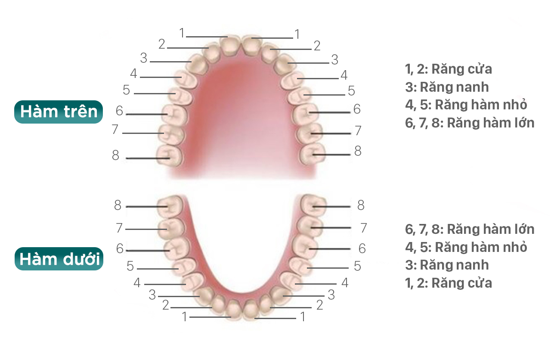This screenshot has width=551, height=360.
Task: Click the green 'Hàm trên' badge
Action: pos(59,112)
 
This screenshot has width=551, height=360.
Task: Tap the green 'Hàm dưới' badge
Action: pos(59,259)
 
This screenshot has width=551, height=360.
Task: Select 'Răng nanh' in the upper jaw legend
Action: pos(454,87)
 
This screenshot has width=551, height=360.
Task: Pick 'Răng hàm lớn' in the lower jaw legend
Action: pos(490,230)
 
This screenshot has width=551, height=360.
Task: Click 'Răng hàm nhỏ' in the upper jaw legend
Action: pos(481,105)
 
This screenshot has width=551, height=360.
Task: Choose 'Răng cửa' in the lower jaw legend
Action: pos(462,283)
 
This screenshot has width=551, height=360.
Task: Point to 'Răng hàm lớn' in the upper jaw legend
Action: pos(490,123)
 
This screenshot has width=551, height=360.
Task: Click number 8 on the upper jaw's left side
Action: pos(116,155)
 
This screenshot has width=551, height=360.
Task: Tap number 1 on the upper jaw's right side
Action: pos(297,34)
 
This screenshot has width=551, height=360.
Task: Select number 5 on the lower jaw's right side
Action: pos(357,266)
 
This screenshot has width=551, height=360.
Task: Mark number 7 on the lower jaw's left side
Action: pos(119,228)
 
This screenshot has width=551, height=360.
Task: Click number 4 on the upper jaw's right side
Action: pos(344,75)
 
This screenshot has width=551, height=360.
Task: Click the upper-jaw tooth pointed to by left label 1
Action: pos(229,47)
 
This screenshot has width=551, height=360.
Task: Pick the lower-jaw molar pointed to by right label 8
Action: pos(314,205)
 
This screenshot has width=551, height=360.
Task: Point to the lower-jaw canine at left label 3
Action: pos(205,296)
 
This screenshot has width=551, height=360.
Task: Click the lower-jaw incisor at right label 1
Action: pos(251,310)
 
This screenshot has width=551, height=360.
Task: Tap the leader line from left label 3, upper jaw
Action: pos(170,62)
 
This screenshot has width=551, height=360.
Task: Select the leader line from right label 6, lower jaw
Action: pos(330,249)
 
